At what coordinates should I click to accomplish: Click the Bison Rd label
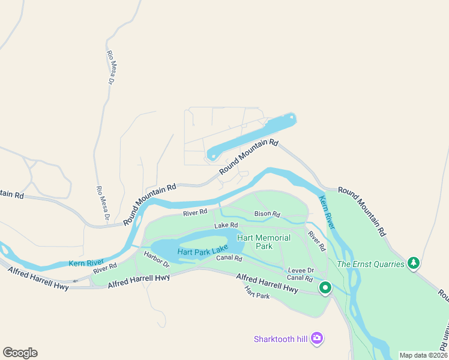(x=267, y=214)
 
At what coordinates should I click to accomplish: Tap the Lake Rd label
(x=226, y=225)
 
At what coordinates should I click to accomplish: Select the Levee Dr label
(x=301, y=271)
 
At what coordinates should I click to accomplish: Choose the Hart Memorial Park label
(x=264, y=242)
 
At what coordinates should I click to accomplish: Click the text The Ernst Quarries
(x=370, y=263)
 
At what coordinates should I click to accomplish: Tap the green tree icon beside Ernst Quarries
(x=413, y=263)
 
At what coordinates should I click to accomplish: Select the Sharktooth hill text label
(x=280, y=339)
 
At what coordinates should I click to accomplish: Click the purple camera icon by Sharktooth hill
(x=318, y=339)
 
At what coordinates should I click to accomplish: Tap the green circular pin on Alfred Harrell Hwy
(x=325, y=288)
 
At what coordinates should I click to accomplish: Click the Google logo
(x=20, y=352)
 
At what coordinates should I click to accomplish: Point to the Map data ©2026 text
(x=423, y=355)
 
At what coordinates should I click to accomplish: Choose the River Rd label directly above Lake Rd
(x=195, y=212)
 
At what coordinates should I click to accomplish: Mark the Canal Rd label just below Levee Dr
(x=300, y=278)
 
